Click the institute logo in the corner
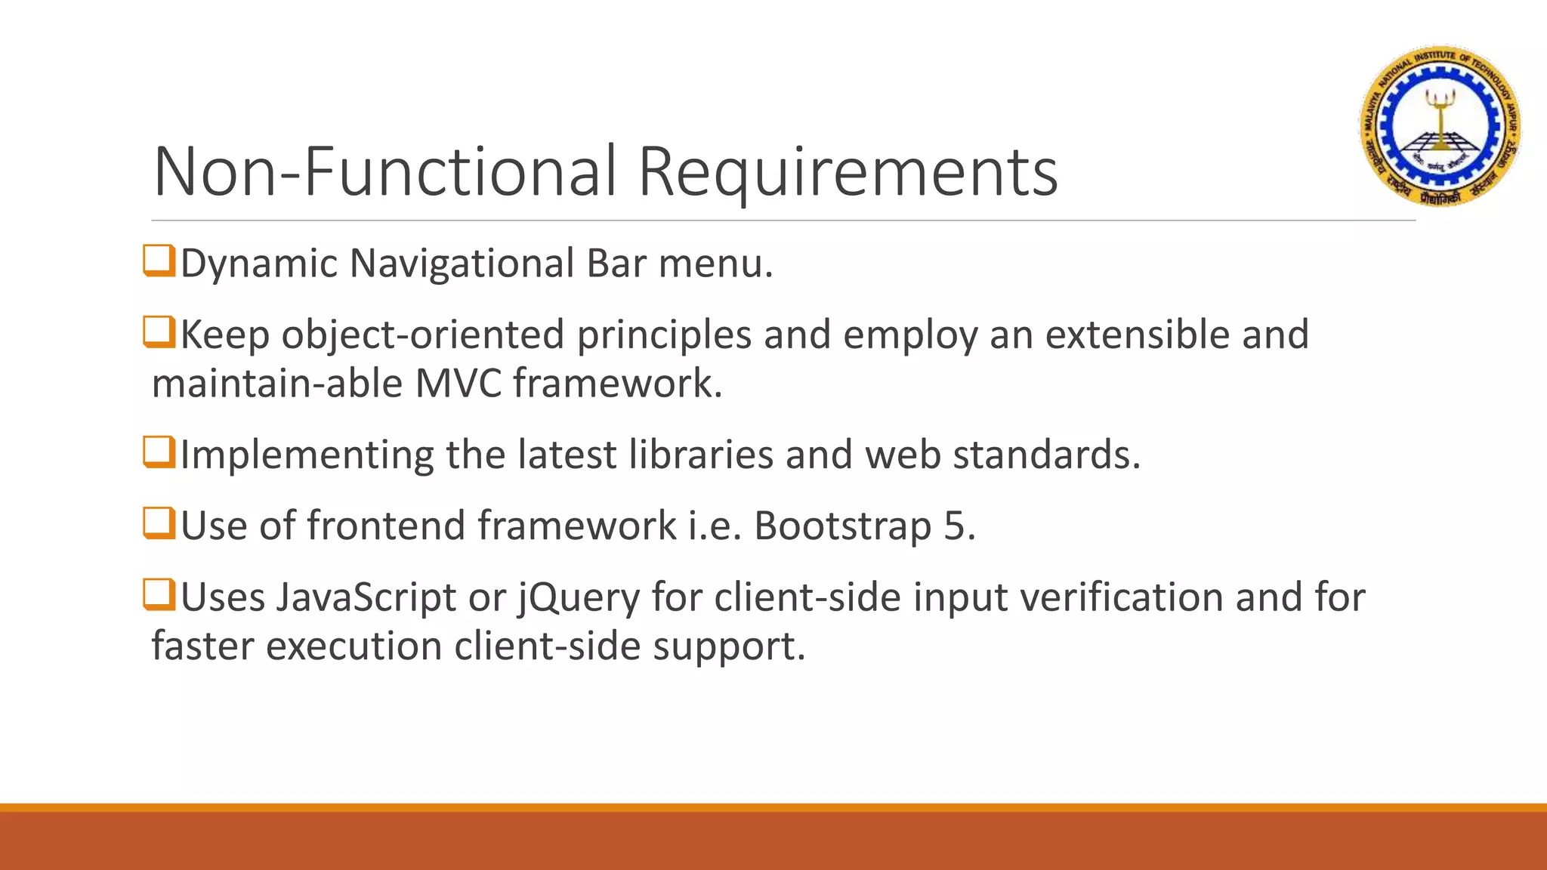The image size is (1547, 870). pos(1440,125)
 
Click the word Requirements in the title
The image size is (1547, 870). pos(848,172)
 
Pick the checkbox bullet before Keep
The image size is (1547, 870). pos(159,332)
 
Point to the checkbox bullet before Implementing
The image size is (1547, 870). pos(159,452)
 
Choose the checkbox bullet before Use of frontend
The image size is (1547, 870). pos(159,523)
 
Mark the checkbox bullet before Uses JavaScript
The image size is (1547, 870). pos(159,594)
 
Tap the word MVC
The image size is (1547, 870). pos(458,383)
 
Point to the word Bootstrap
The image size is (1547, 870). pos(842,526)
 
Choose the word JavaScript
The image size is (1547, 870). pos(365,598)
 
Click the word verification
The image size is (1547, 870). pos(1122,597)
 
